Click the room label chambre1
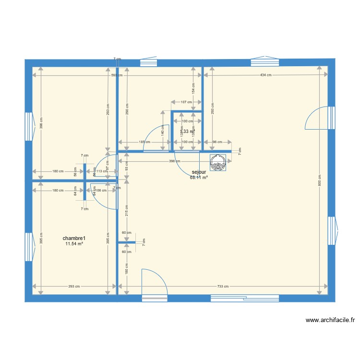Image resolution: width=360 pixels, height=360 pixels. pyautogui.click(x=74, y=238)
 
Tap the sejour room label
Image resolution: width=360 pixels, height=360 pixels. pyautogui.click(x=199, y=172)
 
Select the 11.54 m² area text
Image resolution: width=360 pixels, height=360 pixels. pyautogui.click(x=74, y=244)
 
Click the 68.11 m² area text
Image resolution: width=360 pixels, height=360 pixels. pyautogui.click(x=199, y=178)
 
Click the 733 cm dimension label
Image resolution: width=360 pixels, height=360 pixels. pyautogui.click(x=222, y=287)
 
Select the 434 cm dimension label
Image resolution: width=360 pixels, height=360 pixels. pyautogui.click(x=265, y=75)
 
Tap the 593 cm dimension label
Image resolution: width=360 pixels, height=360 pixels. pyautogui.click(x=116, y=75)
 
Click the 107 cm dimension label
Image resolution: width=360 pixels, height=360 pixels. pyautogui.click(x=186, y=102)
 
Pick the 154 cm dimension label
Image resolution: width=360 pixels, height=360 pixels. pyautogui.click(x=193, y=87)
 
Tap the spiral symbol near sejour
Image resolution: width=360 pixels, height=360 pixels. pyautogui.click(x=218, y=163)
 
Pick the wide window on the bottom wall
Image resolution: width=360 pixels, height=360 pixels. pyautogui.click(x=245, y=298)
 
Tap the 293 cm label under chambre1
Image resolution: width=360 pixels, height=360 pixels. pyautogui.click(x=74, y=287)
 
